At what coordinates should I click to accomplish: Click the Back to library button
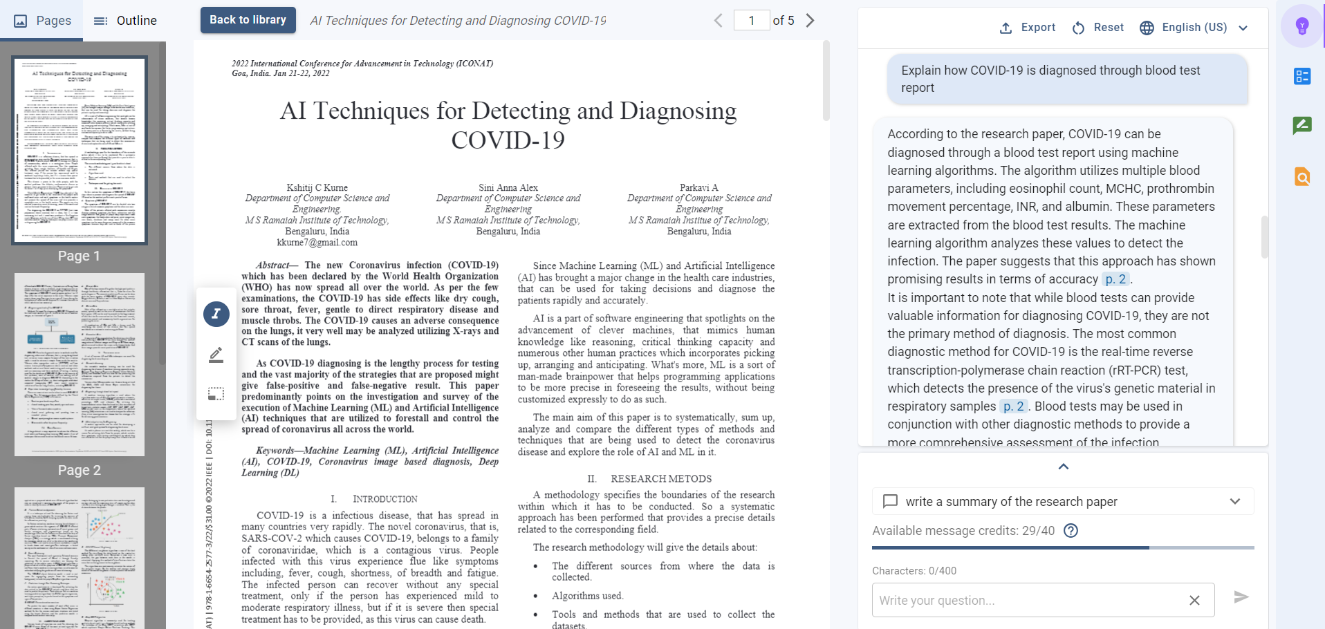tap(248, 20)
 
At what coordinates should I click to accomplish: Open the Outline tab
tap(125, 21)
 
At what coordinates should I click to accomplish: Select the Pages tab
tap(42, 21)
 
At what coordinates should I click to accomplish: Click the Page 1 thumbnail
tap(80, 151)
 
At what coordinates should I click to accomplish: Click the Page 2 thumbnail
tap(80, 364)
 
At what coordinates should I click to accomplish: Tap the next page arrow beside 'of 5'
tap(810, 21)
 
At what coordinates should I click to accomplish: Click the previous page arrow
tap(718, 21)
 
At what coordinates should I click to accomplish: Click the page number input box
tap(752, 21)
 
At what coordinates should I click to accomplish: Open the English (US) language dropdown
tap(1194, 28)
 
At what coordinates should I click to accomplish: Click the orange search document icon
tap(1302, 177)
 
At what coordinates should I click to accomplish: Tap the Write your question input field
tap(1030, 601)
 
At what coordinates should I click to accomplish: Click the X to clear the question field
tap(1194, 601)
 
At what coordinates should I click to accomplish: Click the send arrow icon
tap(1241, 597)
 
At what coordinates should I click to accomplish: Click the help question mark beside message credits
tap(1071, 531)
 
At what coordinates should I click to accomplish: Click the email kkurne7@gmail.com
tap(317, 243)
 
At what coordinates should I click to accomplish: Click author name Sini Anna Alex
tap(508, 187)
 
